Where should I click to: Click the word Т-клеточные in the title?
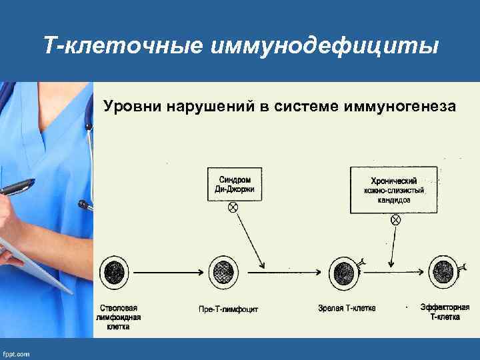[121, 46]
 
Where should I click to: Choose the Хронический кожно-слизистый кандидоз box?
[394, 190]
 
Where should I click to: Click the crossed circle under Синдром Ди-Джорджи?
[233, 207]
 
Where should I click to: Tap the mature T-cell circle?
[344, 272]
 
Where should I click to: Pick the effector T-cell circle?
[441, 272]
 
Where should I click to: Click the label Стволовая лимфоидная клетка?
[119, 317]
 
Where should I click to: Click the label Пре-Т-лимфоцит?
[228, 309]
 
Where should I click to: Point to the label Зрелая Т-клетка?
[347, 308]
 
